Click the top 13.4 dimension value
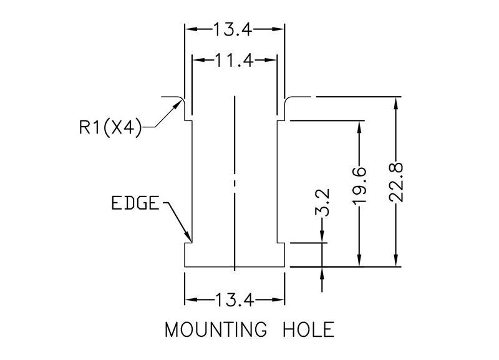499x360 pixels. point(235,29)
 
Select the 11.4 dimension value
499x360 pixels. point(235,61)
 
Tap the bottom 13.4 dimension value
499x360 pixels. point(235,301)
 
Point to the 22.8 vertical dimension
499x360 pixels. point(397,182)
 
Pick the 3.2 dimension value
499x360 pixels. point(323,203)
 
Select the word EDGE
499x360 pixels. point(135,204)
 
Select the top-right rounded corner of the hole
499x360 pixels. point(287,100)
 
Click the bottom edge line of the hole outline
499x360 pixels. point(235,267)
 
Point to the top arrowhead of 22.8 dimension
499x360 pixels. point(395,102)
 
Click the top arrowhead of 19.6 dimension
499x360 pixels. point(359,125)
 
